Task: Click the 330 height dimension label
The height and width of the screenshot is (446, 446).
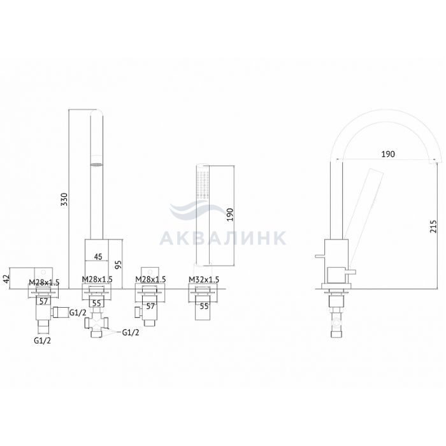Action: click(65, 199)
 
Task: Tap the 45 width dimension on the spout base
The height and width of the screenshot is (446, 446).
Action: click(97, 257)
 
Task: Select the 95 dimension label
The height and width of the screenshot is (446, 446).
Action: click(119, 264)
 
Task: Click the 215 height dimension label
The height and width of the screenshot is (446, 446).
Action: click(433, 226)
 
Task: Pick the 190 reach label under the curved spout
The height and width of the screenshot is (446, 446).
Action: click(388, 154)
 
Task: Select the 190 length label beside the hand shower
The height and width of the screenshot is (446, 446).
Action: click(230, 215)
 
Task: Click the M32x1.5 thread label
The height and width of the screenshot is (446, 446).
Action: click(204, 280)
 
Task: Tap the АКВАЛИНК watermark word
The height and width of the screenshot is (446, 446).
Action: click(223, 238)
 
